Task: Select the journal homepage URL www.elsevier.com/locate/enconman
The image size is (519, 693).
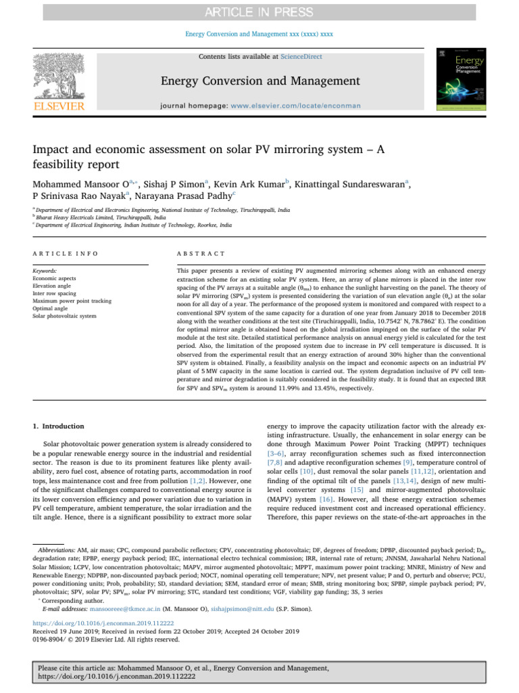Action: click(295, 106)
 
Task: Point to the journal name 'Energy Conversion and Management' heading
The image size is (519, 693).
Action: click(260, 82)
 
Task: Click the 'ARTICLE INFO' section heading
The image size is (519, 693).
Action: click(65, 253)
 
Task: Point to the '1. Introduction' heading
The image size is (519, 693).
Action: click(59, 426)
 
